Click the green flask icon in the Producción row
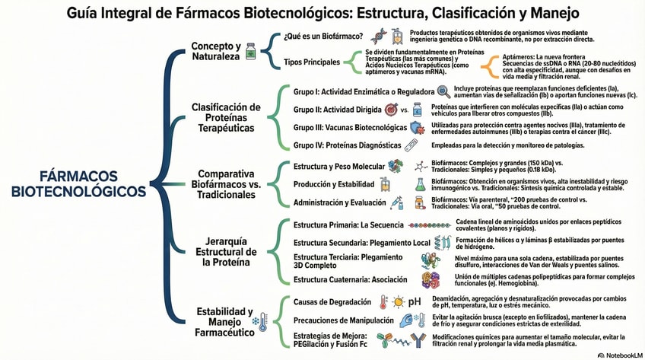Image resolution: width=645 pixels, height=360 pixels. coord(420,183)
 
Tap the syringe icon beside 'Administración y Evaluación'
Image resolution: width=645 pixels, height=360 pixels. coord(396,203)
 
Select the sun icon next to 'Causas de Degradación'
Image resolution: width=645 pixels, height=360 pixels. coord(399,301)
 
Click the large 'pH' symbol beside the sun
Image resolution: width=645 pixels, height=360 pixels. coord(415,301)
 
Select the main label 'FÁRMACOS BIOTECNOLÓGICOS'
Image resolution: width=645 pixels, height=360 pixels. coord(78,183)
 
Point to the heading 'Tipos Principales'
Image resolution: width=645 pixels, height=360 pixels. coord(311,62)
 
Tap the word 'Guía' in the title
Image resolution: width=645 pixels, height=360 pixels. coord(86,13)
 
